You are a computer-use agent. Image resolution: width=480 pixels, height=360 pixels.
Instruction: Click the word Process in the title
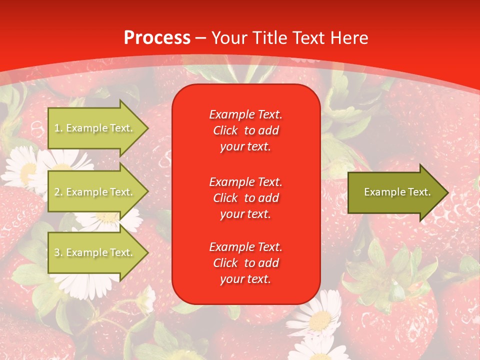click(157, 38)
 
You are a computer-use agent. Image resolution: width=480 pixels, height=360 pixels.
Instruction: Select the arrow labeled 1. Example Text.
click(95, 128)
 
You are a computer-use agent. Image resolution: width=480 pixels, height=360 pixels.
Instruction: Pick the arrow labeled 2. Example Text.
click(95, 192)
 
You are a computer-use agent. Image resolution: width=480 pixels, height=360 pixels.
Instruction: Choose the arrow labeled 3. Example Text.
click(95, 252)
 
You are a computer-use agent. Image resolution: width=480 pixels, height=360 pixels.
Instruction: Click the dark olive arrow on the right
click(395, 192)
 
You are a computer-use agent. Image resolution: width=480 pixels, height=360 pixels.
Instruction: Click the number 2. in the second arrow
click(58, 192)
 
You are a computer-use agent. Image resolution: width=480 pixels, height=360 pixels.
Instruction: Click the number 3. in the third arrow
click(58, 252)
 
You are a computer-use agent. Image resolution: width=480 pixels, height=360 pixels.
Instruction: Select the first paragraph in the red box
click(245, 130)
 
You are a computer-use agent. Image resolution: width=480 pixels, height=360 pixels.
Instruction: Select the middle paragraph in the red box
click(245, 198)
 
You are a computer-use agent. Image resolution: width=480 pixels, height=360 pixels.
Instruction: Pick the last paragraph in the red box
click(245, 263)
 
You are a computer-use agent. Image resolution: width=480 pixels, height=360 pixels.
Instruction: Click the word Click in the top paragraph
click(225, 130)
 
